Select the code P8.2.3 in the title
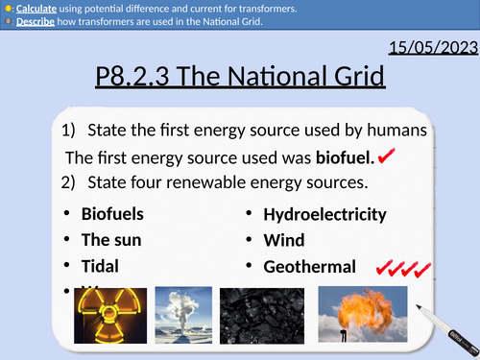(143, 77)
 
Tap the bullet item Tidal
(100, 266)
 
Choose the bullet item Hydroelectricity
(325, 214)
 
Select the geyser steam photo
(182, 318)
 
